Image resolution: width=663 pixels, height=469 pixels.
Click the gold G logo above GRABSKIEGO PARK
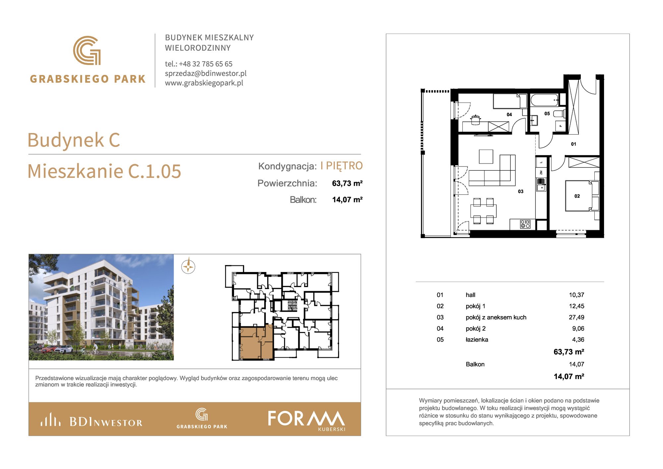coord(87,50)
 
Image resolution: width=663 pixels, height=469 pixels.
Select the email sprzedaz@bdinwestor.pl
coord(206,73)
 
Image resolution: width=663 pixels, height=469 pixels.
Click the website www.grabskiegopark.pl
coord(204,83)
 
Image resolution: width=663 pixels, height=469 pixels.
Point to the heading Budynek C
coord(74,140)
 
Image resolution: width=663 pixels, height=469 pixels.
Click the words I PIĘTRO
coord(341,166)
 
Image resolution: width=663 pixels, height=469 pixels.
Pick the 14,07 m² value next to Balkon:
coord(347,200)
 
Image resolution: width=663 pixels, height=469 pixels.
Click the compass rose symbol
coord(188,266)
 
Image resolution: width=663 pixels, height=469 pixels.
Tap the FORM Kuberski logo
coord(307,420)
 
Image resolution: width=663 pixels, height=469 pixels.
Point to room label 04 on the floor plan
coord(509,114)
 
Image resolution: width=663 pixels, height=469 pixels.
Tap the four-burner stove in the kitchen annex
coord(525,224)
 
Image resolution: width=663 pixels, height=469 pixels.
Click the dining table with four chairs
coord(483,211)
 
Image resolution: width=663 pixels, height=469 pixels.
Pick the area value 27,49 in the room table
coord(576,317)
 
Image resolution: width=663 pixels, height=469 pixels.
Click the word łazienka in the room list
coord(477,339)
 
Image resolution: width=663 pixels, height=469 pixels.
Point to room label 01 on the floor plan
coord(573,144)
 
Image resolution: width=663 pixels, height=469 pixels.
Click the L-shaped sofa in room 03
coord(492,170)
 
